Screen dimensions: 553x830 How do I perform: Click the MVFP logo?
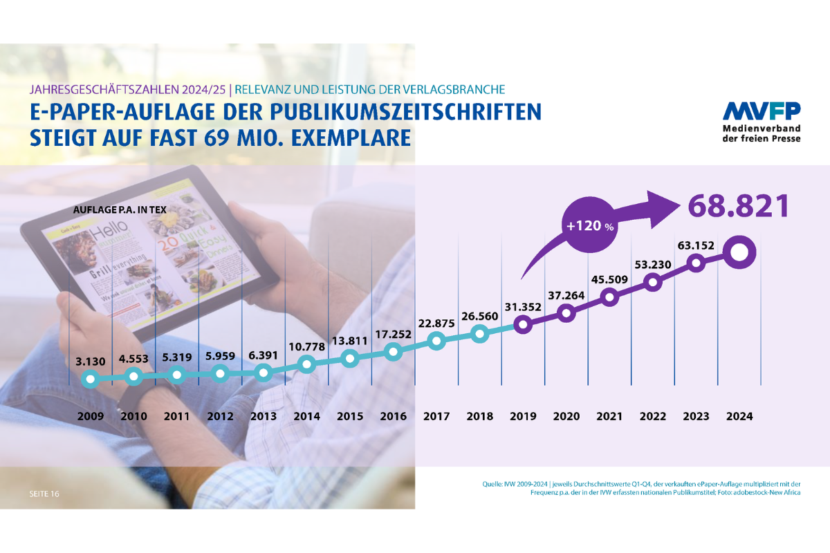tap(762, 112)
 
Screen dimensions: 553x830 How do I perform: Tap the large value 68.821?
tap(739, 206)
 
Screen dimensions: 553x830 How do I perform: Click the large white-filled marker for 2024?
tap(738, 253)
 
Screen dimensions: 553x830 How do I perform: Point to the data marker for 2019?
tap(524, 324)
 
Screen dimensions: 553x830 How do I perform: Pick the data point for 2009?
tap(89, 378)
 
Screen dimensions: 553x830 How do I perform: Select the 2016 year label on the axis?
tap(394, 417)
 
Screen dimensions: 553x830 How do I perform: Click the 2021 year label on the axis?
tap(609, 417)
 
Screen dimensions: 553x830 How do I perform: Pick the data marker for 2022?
tap(652, 282)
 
